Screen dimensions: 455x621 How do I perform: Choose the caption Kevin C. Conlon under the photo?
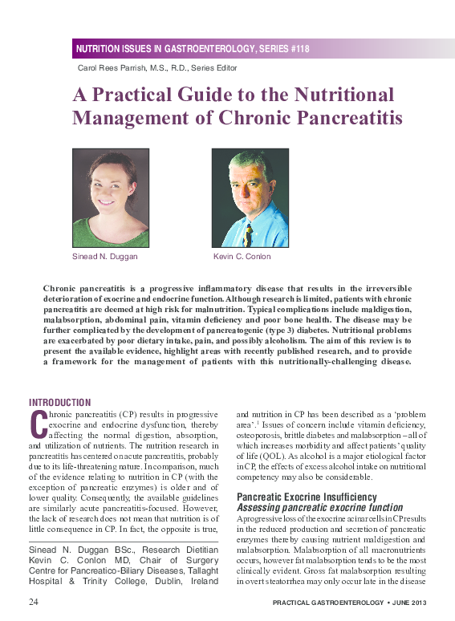(x=242, y=257)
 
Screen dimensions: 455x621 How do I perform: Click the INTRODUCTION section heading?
(x=60, y=402)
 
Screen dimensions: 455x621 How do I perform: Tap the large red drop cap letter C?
(x=35, y=423)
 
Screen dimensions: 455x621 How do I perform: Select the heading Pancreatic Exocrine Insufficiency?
(x=306, y=497)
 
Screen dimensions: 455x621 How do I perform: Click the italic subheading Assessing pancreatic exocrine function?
(x=319, y=508)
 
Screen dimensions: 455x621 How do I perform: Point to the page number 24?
(x=35, y=601)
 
